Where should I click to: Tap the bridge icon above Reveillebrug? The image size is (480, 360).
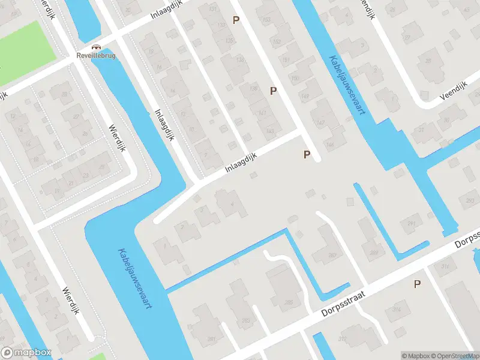(95, 46)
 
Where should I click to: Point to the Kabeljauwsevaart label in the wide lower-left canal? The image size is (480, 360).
(134, 279)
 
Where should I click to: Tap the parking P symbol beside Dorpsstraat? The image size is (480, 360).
(417, 284)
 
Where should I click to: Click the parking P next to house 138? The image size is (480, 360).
(274, 91)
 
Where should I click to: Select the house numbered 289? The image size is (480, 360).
(373, 253)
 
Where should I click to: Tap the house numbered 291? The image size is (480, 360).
(411, 224)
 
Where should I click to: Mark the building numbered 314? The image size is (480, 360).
(397, 309)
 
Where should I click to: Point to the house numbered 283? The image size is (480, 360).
(245, 321)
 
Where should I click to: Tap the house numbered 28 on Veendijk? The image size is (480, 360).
(428, 61)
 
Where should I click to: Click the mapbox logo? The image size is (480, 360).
(27, 353)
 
